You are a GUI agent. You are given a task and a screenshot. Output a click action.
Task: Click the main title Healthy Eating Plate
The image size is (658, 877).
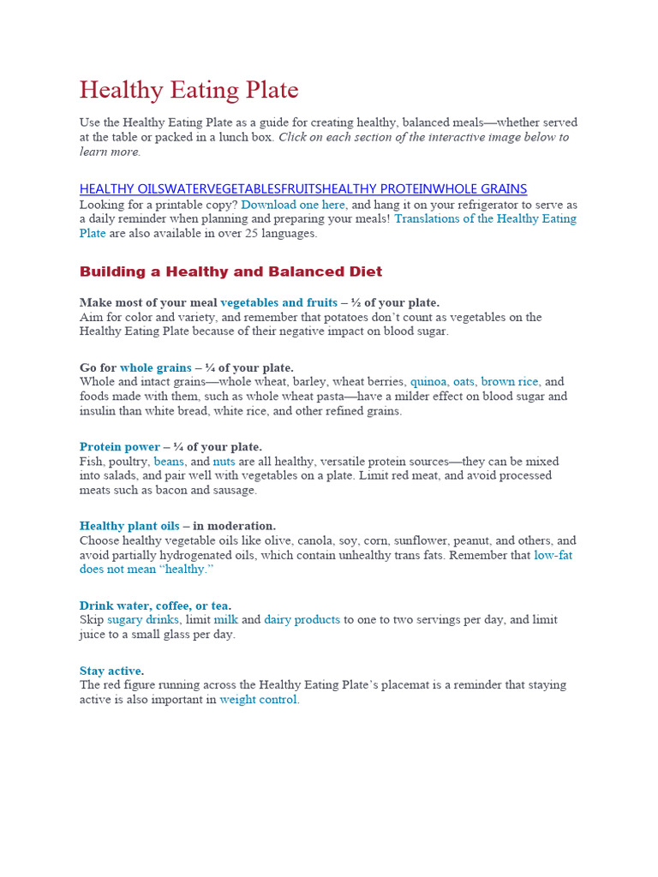coord(188,91)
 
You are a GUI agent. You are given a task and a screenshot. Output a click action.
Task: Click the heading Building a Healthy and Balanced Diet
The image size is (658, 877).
coord(230,271)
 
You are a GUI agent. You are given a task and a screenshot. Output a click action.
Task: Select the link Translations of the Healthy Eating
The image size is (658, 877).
coord(485,218)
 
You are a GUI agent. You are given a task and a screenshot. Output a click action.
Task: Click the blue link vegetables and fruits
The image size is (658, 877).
coord(278,302)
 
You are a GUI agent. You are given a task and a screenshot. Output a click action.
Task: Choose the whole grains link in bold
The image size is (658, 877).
coord(155,367)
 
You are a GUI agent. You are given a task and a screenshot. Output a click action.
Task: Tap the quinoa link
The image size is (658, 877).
coord(428,382)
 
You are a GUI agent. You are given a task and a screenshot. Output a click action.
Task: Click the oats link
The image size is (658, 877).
coord(464,382)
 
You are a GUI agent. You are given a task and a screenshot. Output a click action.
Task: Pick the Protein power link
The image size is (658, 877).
coord(119,446)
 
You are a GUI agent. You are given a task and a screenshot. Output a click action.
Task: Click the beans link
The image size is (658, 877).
coord(169,461)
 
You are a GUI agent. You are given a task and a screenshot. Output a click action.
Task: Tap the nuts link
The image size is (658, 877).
coord(224,461)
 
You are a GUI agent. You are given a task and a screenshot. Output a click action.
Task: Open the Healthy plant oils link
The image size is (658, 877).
coord(129,525)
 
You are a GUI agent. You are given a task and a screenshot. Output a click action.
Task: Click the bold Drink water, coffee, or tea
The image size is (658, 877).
coord(155,605)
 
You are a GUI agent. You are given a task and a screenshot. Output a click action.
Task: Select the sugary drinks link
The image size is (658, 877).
coord(143,619)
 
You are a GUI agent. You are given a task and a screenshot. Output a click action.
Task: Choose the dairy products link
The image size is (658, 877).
coord(302,619)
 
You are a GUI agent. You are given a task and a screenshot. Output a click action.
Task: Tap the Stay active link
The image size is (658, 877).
coord(111,671)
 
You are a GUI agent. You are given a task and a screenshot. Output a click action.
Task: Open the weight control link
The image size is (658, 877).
coord(259,700)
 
